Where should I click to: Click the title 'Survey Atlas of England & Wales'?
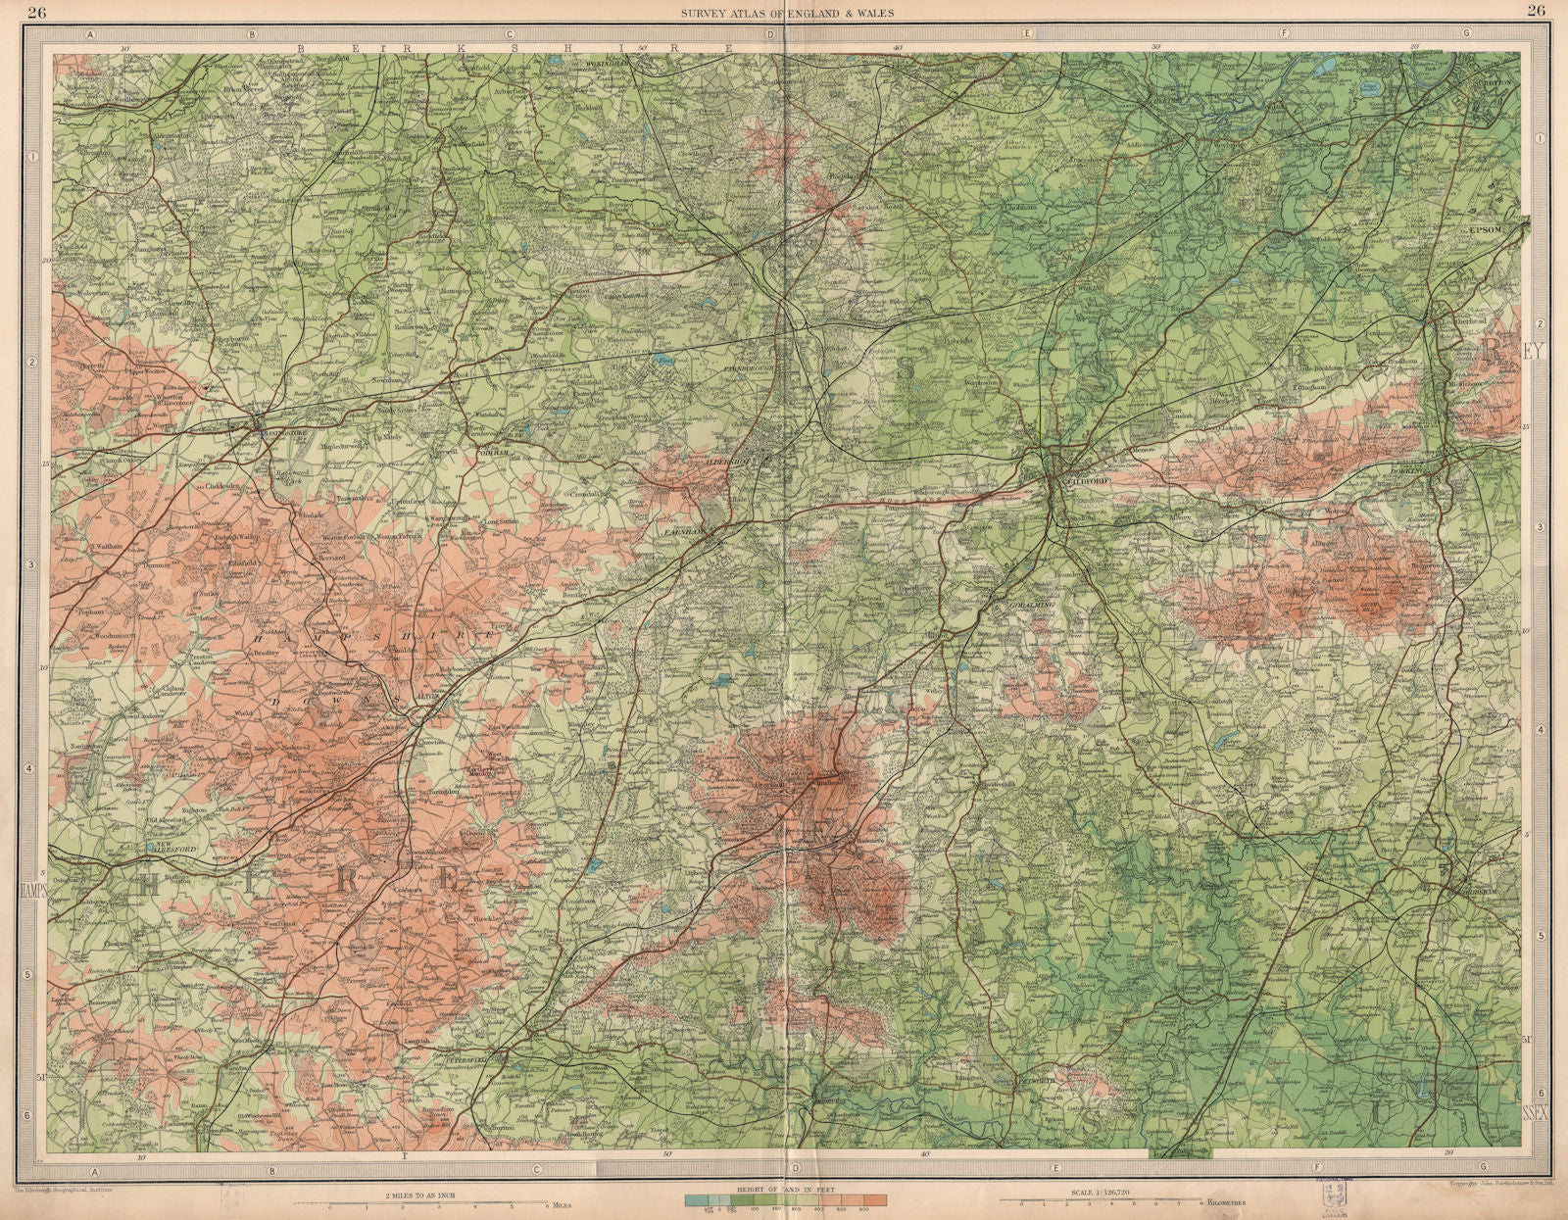[783, 12]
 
